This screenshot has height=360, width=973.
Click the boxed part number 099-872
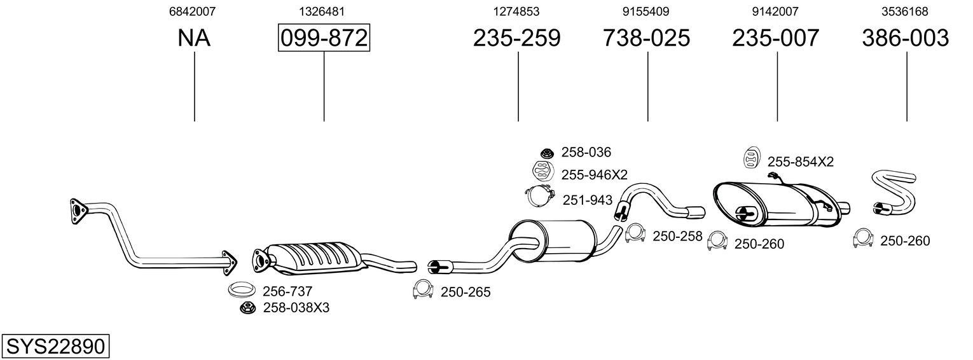324,38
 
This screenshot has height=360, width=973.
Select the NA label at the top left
194,38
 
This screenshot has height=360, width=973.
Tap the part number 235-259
516,38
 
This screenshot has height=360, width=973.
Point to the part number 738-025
646,38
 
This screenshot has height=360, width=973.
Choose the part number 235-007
775,38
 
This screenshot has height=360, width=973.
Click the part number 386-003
905,38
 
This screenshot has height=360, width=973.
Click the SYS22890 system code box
55,347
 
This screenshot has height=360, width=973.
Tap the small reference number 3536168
905,11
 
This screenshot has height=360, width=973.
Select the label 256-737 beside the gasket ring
287,291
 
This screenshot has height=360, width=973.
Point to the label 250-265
466,292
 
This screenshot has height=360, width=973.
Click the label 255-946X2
594,174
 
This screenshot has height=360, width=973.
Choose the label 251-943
587,200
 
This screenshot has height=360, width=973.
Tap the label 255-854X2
800,162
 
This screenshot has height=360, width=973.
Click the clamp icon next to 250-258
637,234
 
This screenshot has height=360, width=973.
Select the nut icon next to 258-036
546,153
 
